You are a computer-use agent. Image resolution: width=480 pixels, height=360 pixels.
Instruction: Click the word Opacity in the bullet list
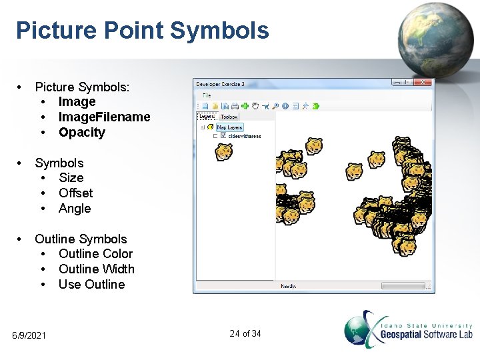click(x=81, y=132)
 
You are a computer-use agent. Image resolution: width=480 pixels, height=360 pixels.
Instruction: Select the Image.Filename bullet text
click(x=104, y=117)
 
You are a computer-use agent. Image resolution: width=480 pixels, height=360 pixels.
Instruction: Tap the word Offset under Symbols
click(x=75, y=193)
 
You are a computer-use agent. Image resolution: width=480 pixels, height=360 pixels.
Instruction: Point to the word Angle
click(x=75, y=208)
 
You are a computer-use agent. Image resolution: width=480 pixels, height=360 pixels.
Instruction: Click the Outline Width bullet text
click(x=96, y=269)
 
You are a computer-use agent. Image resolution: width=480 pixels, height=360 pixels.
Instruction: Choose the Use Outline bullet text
click(x=91, y=284)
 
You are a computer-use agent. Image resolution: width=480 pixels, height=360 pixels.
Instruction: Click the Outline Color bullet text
click(x=95, y=253)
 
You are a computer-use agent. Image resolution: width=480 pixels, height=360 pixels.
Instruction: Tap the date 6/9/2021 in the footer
click(x=29, y=335)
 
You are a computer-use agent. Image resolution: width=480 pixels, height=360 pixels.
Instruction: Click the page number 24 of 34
click(x=245, y=333)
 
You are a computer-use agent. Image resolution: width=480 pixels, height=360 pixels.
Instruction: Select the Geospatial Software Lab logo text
click(x=426, y=334)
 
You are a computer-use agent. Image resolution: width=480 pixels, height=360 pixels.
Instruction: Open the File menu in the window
click(x=207, y=95)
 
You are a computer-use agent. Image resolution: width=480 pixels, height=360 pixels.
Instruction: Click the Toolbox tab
click(x=229, y=117)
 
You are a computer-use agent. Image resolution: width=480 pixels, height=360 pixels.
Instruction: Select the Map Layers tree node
click(x=229, y=127)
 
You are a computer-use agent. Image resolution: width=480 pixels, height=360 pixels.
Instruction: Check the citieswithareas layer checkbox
click(x=223, y=136)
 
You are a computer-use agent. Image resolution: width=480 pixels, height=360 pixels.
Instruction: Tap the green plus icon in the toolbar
click(x=245, y=105)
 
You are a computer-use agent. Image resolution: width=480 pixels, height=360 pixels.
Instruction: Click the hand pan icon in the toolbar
click(x=255, y=105)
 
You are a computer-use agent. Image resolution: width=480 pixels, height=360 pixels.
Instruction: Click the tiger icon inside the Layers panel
click(x=224, y=152)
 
